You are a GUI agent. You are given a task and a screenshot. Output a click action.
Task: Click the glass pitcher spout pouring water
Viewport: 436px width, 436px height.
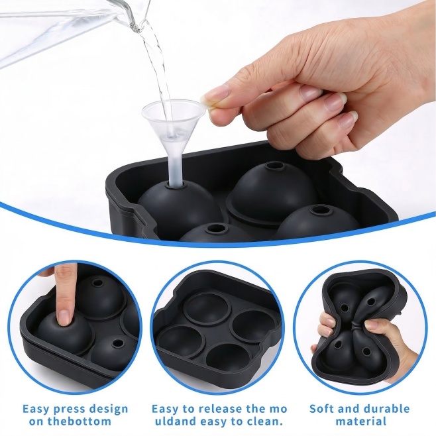133,17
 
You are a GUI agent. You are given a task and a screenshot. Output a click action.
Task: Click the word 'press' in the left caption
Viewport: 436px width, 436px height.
68,409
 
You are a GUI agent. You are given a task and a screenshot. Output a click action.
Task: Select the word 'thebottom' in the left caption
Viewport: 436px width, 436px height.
80,421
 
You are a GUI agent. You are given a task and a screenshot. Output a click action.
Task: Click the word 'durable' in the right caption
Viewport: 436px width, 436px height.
388,409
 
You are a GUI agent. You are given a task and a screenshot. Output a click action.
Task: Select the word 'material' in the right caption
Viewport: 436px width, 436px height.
361,421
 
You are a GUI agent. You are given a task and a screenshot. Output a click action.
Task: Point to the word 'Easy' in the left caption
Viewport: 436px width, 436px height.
36,409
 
